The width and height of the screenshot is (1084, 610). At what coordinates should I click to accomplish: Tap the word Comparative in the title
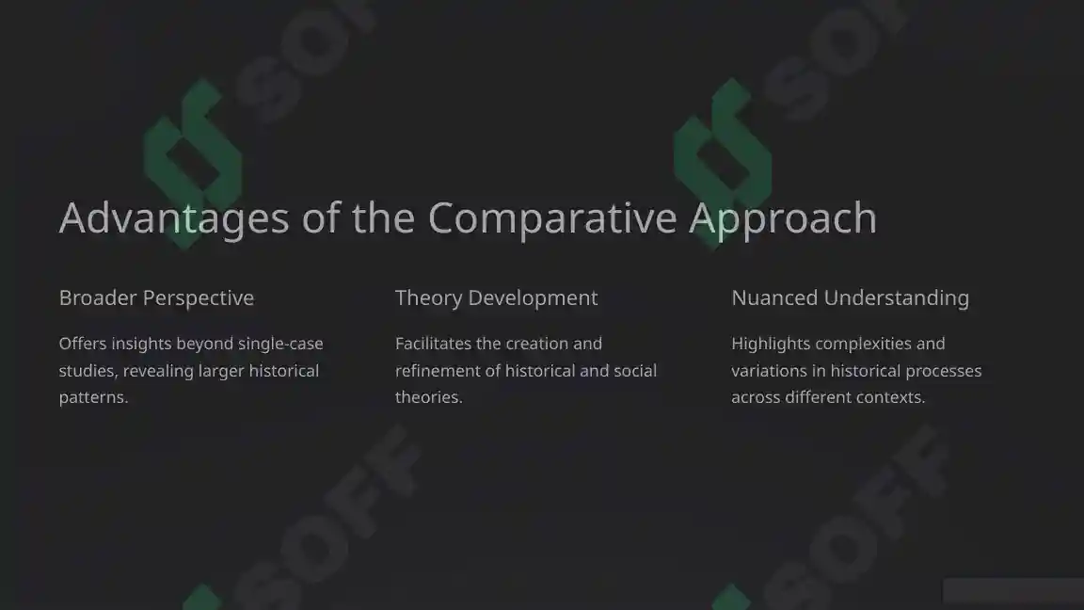click(x=552, y=218)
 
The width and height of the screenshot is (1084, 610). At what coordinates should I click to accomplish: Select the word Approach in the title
click(x=783, y=218)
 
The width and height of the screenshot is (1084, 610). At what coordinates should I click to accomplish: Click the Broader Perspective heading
click(x=156, y=297)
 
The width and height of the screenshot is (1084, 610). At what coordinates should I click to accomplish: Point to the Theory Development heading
click(x=496, y=297)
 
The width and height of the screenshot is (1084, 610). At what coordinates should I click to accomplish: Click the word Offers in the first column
click(x=81, y=344)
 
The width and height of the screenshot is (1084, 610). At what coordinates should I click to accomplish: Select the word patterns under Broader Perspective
click(x=92, y=397)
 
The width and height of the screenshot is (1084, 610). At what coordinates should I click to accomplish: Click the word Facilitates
click(x=433, y=344)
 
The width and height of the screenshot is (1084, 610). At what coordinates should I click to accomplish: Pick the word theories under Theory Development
click(x=427, y=397)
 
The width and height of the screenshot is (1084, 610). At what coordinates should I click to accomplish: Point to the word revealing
click(x=158, y=371)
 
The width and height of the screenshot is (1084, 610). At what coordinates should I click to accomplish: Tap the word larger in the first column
click(x=220, y=371)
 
